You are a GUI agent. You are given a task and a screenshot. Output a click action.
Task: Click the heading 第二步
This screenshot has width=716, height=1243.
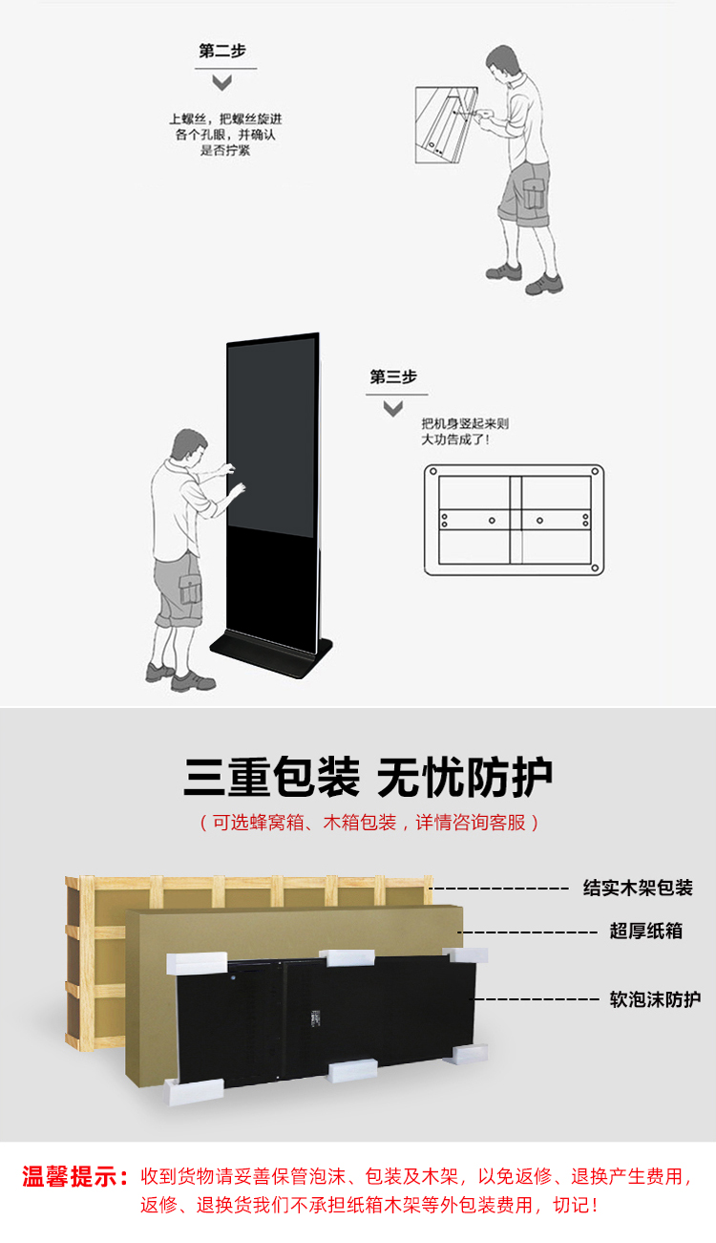(221, 52)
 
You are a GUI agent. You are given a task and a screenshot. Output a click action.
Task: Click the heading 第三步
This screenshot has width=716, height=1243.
(393, 377)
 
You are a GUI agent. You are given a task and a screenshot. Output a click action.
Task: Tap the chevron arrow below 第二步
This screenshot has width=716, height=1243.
(221, 82)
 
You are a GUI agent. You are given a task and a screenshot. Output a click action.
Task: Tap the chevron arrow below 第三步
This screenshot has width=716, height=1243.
(392, 409)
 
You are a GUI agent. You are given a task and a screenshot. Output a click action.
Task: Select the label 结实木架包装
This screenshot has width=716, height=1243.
(638, 888)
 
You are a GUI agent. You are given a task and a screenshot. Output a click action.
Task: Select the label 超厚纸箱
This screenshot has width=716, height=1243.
(646, 931)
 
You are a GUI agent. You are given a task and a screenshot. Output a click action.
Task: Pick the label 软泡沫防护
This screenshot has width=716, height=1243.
(655, 999)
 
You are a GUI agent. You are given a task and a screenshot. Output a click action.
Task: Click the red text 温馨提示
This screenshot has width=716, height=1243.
(74, 1176)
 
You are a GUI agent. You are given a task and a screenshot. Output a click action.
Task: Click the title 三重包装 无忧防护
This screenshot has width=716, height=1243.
(368, 778)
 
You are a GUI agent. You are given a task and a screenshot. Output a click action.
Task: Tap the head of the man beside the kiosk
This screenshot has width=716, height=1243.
(189, 446)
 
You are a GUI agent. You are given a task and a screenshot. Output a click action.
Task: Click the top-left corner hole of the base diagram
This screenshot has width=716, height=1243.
(432, 473)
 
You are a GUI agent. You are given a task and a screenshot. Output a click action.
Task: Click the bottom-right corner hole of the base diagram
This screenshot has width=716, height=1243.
(595, 569)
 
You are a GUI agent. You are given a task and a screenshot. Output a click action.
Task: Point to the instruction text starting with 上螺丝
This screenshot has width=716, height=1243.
(225, 135)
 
